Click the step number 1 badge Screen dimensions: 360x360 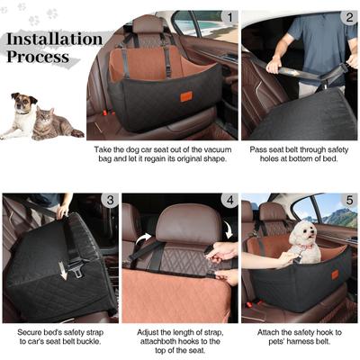pyautogui.click(x=230, y=16)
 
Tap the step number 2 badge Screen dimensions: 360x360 pyautogui.click(x=348, y=16)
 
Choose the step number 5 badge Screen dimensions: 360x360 pyautogui.click(x=348, y=200)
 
